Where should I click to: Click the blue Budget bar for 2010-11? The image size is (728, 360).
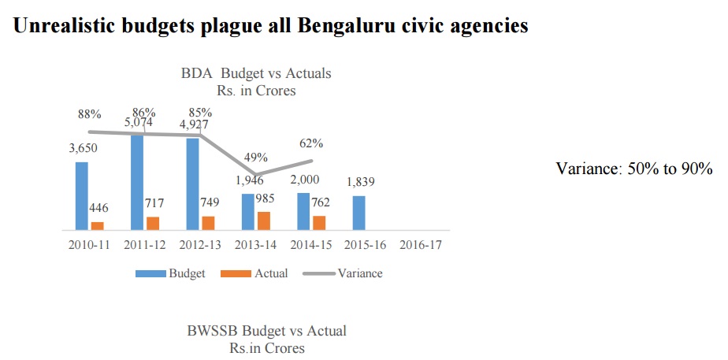[x=82, y=195]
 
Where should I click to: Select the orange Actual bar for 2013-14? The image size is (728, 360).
[x=263, y=221]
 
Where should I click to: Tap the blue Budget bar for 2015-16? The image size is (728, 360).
[x=358, y=213]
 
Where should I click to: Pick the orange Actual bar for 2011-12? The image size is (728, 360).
[x=153, y=223]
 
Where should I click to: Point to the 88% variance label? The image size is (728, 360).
[x=88, y=114]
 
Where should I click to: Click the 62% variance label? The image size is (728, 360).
[x=310, y=143]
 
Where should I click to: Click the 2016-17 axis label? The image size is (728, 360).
[x=419, y=244]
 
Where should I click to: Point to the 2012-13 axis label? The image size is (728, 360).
[x=200, y=244]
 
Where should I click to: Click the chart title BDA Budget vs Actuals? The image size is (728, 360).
[x=256, y=73]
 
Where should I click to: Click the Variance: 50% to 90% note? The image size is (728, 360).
[x=633, y=169]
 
